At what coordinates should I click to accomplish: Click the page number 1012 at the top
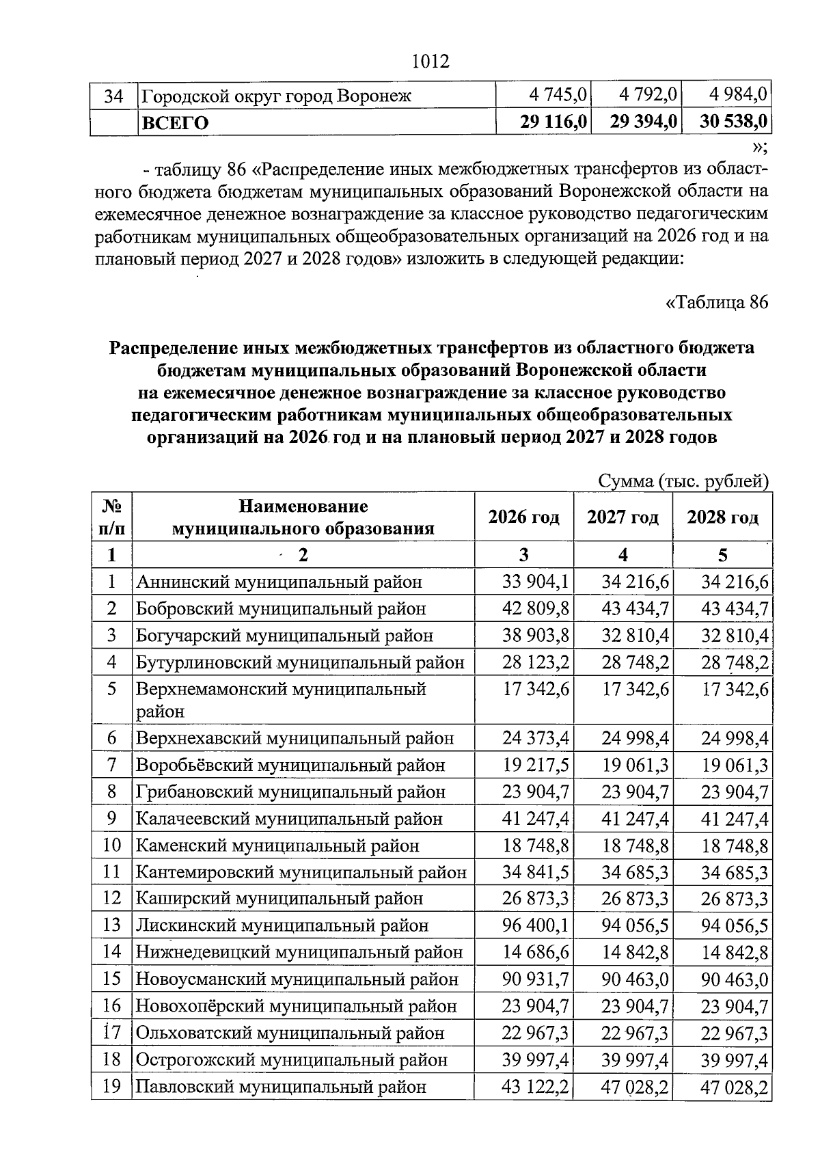click(431, 62)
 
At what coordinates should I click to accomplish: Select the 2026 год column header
click(523, 517)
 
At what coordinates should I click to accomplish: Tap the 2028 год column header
click(722, 517)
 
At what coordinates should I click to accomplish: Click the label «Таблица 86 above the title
click(717, 302)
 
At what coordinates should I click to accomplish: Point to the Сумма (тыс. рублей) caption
click(683, 481)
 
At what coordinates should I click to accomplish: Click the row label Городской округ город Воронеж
click(276, 95)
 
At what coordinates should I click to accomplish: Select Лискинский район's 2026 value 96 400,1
click(536, 925)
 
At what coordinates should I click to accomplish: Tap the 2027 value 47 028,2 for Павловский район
click(635, 1087)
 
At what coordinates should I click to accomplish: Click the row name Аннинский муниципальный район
click(279, 582)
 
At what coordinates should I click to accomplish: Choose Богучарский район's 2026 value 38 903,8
click(536, 636)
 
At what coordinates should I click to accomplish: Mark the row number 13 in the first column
click(111, 925)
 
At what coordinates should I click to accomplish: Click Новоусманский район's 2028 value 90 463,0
click(735, 979)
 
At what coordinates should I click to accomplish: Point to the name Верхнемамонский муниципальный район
click(280, 699)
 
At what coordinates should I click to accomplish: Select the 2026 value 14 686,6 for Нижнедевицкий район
click(536, 952)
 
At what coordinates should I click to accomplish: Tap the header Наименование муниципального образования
click(303, 517)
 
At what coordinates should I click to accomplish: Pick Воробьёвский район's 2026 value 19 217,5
click(536, 765)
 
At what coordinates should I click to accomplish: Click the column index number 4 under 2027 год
click(623, 554)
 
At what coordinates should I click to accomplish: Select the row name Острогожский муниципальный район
click(291, 1060)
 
